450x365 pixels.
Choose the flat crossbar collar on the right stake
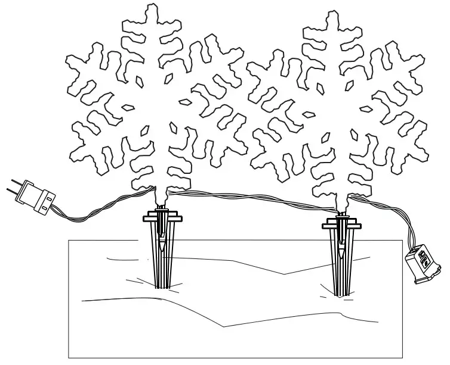tap(341, 225)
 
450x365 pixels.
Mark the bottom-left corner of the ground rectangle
tap(69, 357)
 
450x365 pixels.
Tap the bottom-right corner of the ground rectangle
tap(403, 357)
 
